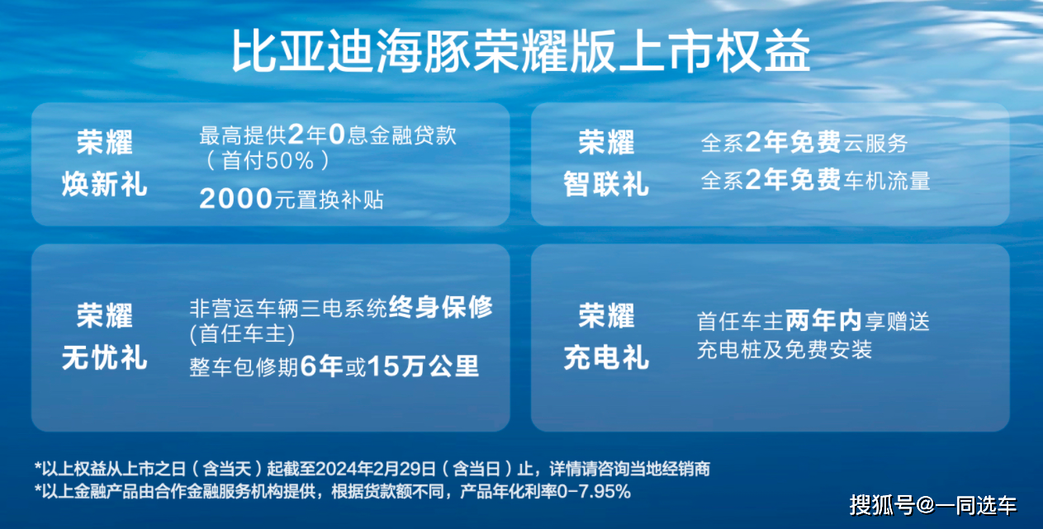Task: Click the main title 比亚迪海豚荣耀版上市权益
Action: [521, 50]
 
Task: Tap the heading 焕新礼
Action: [105, 184]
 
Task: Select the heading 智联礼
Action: [606, 184]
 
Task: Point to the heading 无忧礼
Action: [105, 358]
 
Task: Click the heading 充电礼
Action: [606, 358]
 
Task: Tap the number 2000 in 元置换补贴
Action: [235, 199]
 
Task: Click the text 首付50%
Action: [268, 162]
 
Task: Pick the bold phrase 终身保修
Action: [440, 307]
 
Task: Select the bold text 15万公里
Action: [423, 366]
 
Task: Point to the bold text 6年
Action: [322, 366]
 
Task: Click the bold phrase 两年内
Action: [823, 320]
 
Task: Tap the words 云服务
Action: [875, 143]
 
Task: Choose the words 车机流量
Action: [887, 181]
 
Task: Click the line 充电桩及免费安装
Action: [785, 350]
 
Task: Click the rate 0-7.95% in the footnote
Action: [594, 491]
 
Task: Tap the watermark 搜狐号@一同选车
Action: [932, 505]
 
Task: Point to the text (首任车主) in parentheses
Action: [242, 334]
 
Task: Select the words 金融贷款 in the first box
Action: [414, 135]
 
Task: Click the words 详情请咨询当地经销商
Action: [629, 469]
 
